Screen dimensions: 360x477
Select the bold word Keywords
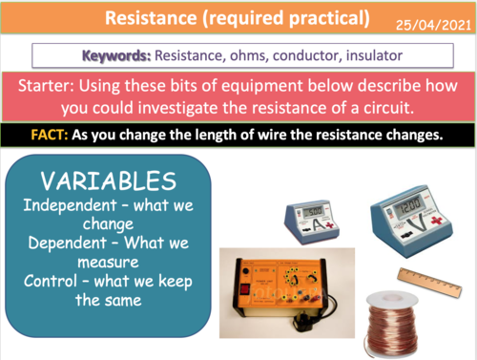[x=117, y=55]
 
